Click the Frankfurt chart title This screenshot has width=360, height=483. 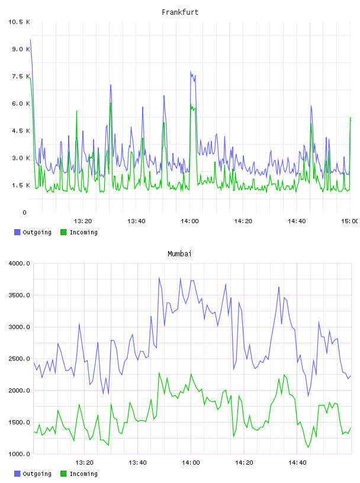180,12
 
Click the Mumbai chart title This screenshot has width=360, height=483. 179,254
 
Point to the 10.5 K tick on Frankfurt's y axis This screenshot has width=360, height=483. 19,22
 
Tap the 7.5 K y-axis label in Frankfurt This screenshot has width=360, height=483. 21,76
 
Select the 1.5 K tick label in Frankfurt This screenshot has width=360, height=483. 21,185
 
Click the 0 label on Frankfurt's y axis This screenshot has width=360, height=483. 25,212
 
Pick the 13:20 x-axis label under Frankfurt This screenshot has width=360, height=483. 83,221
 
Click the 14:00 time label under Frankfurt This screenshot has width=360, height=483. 189,221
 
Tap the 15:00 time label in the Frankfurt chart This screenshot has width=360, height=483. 350,221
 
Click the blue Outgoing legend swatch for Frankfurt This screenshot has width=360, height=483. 17,232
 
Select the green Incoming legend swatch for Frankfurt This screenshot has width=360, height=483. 63,232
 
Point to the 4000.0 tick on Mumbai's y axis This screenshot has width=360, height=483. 19,263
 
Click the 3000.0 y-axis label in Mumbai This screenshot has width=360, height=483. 19,327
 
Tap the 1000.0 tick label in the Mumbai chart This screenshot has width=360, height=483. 19,454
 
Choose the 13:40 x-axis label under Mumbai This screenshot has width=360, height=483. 137,462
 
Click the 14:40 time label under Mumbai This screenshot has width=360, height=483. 297,462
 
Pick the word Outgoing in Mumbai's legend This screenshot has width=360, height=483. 37,474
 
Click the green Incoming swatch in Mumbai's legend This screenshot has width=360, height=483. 63,474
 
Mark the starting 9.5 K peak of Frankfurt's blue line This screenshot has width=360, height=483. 30,40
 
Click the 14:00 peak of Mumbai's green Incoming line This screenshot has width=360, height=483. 191,374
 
